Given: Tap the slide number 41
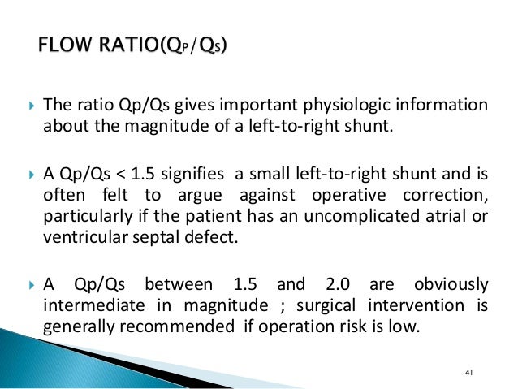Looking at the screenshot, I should (468, 373).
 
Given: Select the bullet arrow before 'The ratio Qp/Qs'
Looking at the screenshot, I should (30, 106).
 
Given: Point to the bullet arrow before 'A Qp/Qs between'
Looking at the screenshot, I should (30, 285).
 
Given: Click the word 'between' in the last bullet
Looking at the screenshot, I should (175, 285).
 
